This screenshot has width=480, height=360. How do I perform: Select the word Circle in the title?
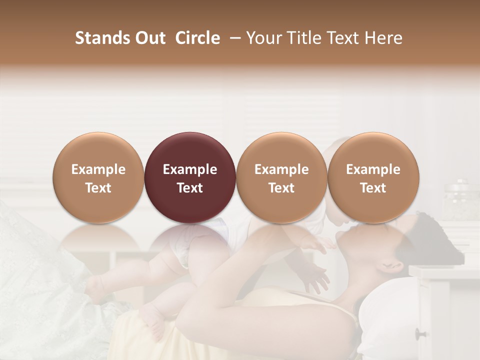(197, 38)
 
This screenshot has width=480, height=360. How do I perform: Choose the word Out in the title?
(148, 38)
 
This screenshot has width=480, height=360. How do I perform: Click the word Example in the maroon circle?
(190, 169)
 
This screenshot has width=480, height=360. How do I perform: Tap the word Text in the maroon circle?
(190, 188)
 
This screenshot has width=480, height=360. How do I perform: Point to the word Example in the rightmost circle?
(373, 169)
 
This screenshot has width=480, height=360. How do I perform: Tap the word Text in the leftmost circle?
(98, 188)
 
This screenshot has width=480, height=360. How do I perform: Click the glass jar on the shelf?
(458, 200)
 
